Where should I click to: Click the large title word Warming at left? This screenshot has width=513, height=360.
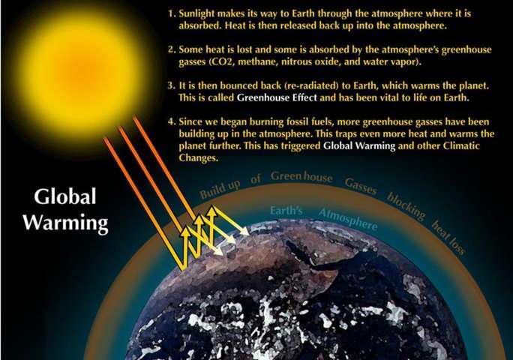tap(66, 223)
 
